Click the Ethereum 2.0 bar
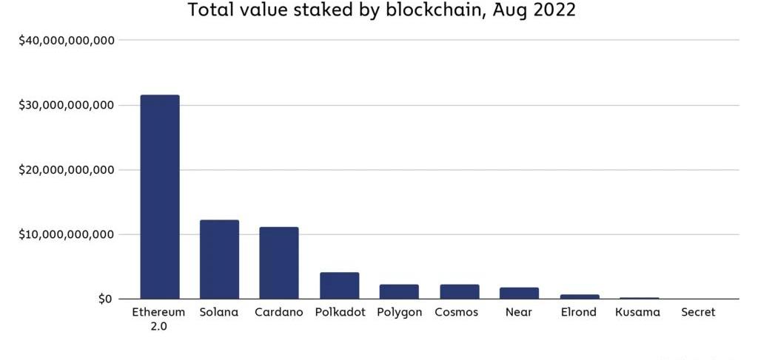click(160, 197)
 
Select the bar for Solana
click(219, 259)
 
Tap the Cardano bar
click(279, 263)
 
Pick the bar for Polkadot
click(340, 285)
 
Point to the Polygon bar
click(400, 291)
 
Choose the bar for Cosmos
click(460, 291)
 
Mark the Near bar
click(519, 293)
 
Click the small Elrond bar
click(580, 296)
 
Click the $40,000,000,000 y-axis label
click(66, 40)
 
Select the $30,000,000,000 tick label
click(66, 105)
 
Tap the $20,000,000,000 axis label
click(66, 170)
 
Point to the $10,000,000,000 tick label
click(66, 234)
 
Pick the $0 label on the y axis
click(105, 299)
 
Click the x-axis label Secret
click(698, 312)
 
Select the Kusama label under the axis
click(637, 312)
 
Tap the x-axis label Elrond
click(578, 312)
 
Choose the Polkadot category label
click(340, 312)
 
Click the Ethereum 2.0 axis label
click(159, 319)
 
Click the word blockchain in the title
click(422, 11)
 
